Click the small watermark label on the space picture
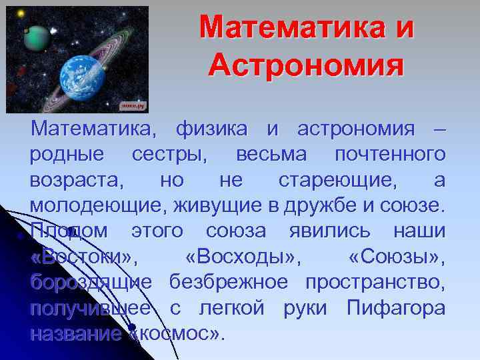click(133, 105)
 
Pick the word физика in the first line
click(211, 128)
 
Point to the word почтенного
click(390, 154)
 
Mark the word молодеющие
click(97, 206)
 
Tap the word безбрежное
click(229, 283)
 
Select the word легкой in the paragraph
click(223, 309)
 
